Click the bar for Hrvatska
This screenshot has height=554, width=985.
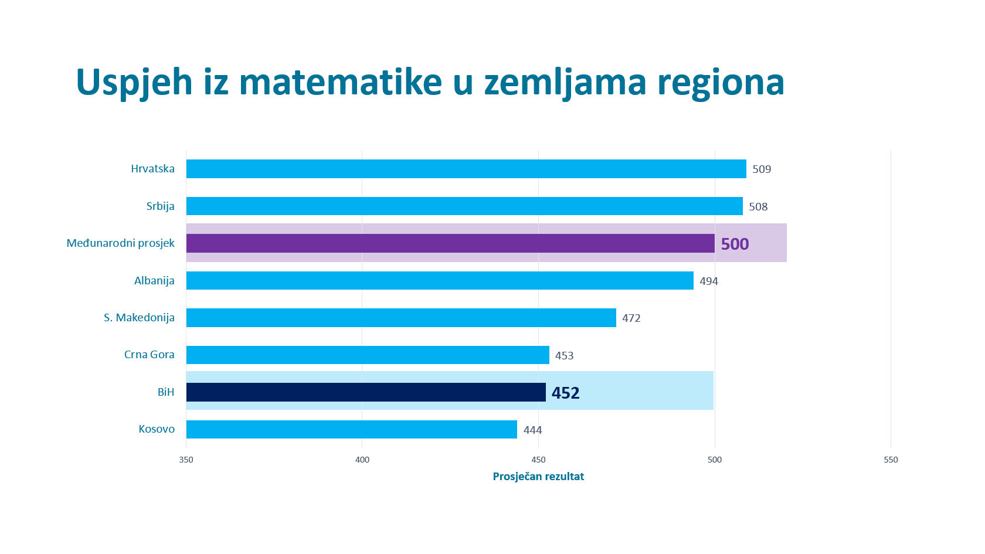466,169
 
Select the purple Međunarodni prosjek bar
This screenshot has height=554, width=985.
450,243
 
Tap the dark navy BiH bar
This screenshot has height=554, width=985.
366,392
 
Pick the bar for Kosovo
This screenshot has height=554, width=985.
352,429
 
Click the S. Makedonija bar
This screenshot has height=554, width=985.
401,318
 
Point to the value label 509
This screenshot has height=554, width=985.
762,169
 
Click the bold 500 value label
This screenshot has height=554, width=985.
735,244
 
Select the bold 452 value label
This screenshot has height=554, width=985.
565,393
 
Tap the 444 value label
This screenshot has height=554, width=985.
532,430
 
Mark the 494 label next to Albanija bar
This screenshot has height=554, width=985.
708,281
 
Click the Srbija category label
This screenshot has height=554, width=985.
160,206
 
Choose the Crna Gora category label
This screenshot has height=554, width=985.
149,355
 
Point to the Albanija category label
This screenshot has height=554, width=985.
154,281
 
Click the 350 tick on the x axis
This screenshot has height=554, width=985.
186,460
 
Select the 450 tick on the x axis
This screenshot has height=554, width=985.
538,460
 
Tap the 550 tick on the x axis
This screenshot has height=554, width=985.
891,460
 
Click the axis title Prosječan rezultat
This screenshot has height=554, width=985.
538,477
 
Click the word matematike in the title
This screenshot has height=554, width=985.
340,82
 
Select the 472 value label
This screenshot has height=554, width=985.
631,318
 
